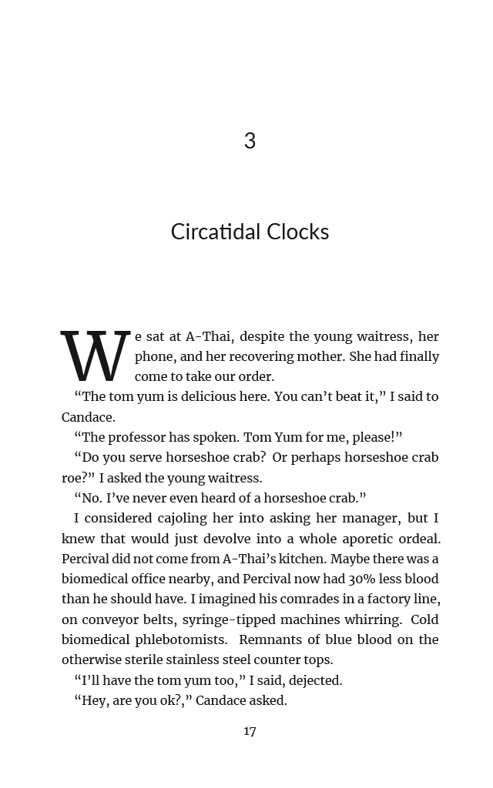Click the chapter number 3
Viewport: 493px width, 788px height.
(x=250, y=141)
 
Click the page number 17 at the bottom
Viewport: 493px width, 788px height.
(x=250, y=731)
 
